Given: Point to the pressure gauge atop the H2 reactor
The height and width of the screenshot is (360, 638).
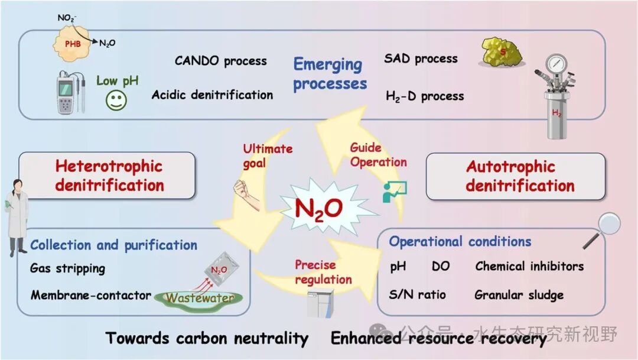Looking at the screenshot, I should (x=555, y=65).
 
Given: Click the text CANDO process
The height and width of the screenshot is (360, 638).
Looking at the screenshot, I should (x=220, y=61).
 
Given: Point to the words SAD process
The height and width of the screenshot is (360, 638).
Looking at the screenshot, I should (x=421, y=59).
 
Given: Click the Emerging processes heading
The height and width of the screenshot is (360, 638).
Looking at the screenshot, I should (x=330, y=73).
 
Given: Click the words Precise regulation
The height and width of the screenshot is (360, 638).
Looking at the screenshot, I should (x=323, y=272).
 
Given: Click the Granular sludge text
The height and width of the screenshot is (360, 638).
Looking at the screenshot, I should (x=519, y=294).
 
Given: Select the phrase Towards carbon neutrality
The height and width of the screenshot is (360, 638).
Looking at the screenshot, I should (x=207, y=338).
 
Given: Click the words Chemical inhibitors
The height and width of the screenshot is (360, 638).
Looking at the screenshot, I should (x=529, y=266).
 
